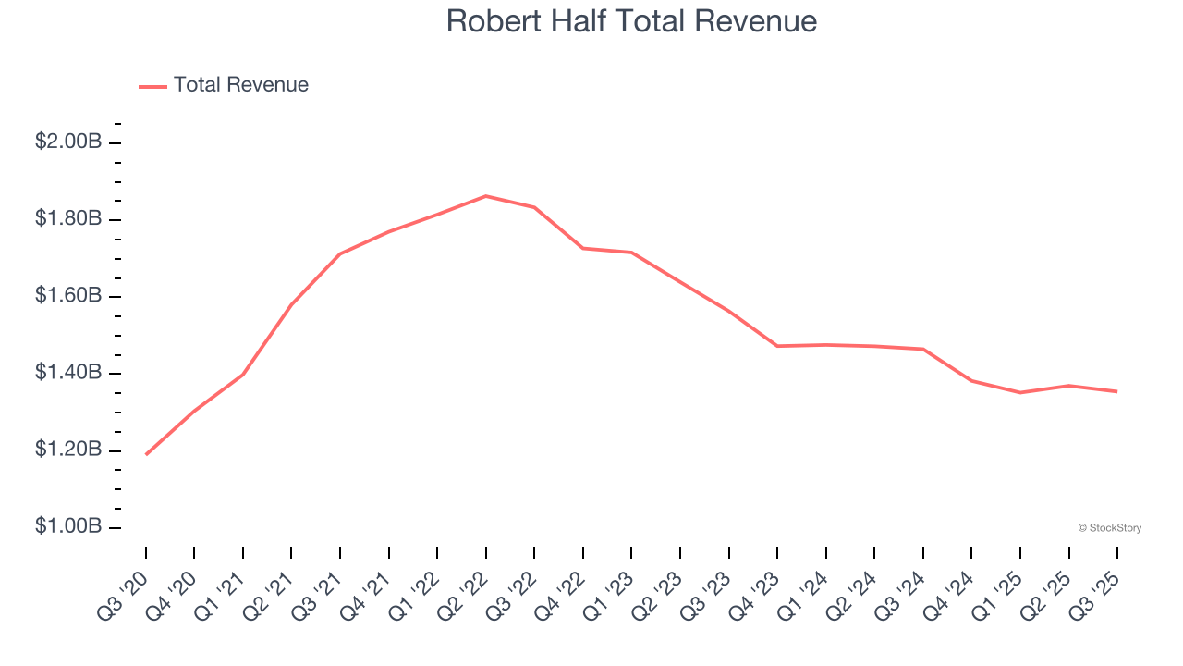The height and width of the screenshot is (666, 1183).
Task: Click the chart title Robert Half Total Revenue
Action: point(631,21)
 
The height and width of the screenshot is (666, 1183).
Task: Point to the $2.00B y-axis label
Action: point(68,142)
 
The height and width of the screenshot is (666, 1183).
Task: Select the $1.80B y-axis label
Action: point(68,219)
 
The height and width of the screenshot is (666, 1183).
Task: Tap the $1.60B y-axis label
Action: point(68,296)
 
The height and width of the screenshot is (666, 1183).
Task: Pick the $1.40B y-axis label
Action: point(68,373)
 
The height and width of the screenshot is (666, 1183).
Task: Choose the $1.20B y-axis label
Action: point(68,450)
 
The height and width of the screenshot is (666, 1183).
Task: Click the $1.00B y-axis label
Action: point(68,527)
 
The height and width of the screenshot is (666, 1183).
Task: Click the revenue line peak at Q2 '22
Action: point(486,196)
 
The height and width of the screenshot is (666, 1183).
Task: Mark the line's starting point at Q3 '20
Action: point(146,454)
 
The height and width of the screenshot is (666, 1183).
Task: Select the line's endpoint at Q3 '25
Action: point(1117,391)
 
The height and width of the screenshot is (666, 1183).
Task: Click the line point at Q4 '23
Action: point(777,346)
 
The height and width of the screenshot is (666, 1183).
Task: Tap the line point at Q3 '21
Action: point(340,253)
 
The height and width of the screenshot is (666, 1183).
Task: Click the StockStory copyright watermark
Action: point(1109,528)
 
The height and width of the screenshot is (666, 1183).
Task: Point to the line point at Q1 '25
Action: point(1020,392)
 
